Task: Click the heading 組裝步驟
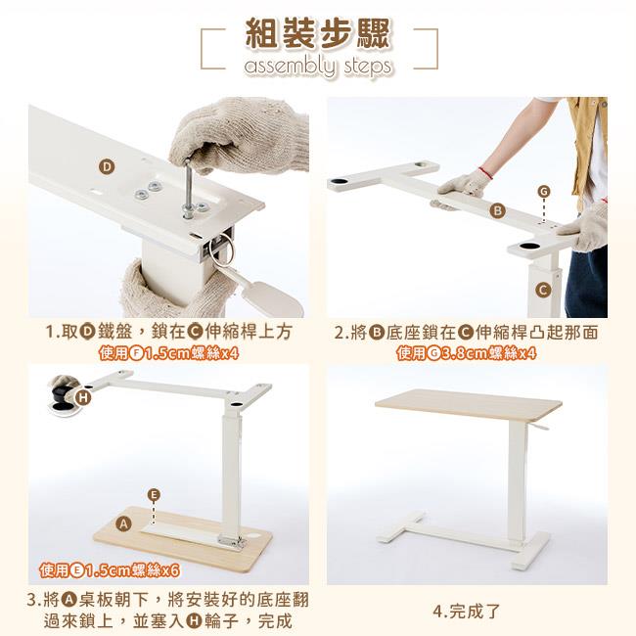(318, 33)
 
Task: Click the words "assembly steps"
(318, 67)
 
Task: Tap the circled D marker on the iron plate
(107, 167)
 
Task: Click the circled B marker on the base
(497, 210)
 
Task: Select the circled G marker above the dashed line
(543, 191)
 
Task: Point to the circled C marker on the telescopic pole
(543, 290)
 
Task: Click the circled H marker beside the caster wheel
(83, 398)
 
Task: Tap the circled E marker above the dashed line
(154, 494)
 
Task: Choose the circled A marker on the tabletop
(124, 523)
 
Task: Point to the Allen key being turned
(188, 189)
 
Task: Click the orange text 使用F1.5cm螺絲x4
(168, 353)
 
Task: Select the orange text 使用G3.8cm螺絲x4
(467, 353)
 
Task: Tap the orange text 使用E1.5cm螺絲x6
(110, 570)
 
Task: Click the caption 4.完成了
(467, 612)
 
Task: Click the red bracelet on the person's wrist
(486, 173)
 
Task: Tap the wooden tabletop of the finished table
(469, 405)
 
